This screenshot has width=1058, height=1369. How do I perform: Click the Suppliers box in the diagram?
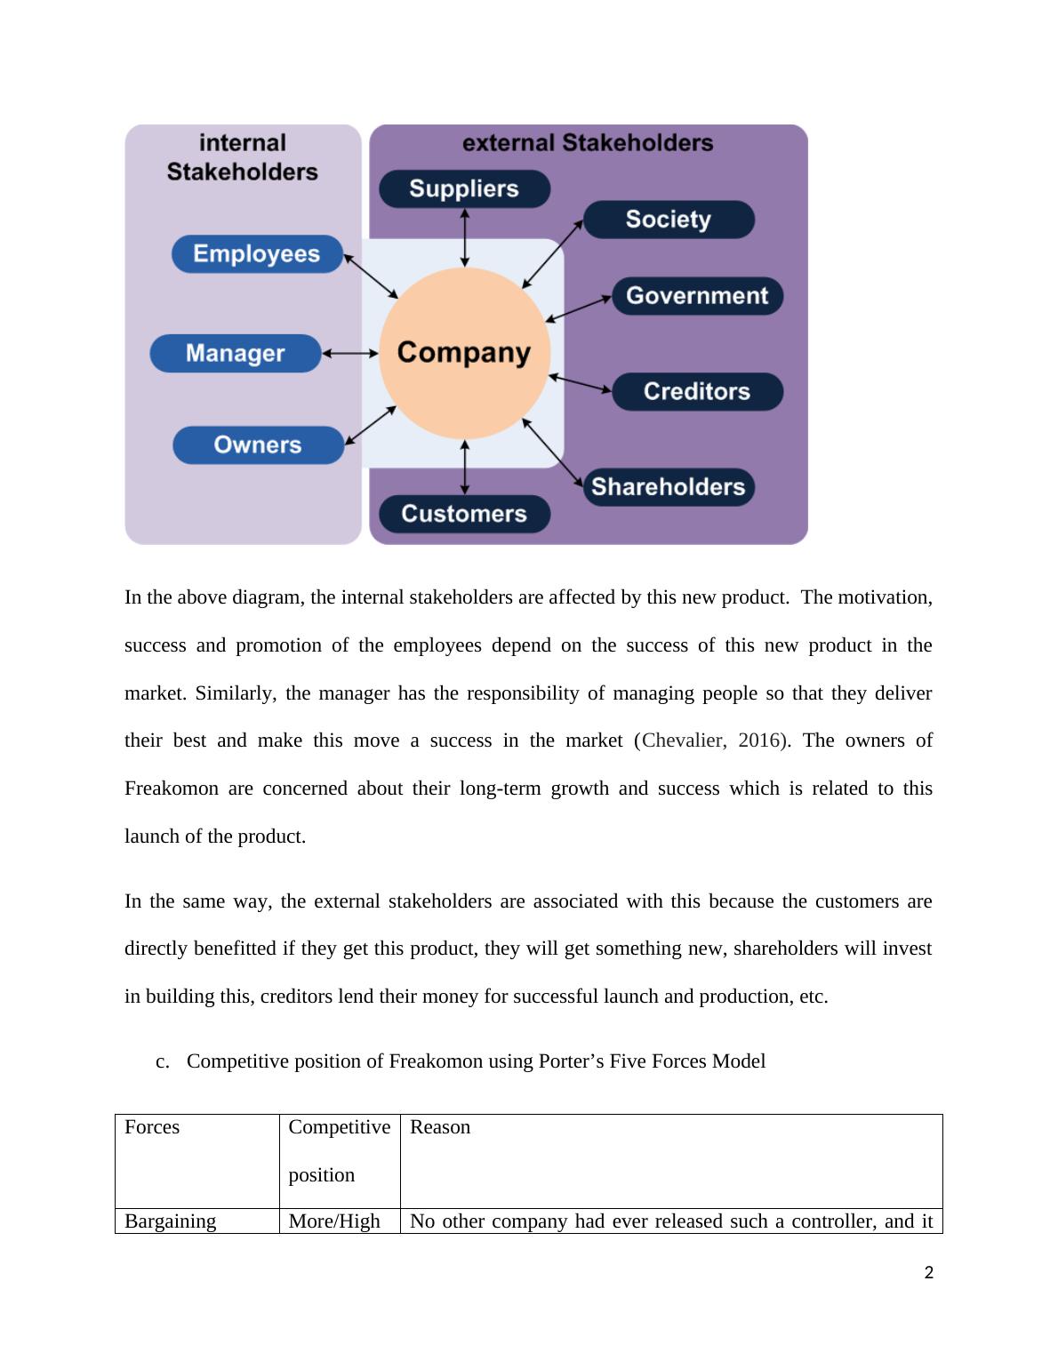click(464, 188)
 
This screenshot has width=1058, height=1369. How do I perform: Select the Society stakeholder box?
click(669, 220)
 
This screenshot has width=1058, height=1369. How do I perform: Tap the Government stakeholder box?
click(697, 296)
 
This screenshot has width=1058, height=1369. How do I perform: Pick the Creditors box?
click(697, 391)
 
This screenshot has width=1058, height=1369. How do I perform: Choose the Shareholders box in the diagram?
click(669, 487)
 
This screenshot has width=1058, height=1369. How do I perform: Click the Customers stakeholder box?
click(464, 514)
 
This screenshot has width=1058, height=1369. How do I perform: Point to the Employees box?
click(257, 254)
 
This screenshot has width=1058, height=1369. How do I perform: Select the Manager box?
click(235, 353)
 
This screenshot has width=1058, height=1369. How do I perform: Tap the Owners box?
click(258, 445)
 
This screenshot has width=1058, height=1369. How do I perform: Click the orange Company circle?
click(464, 353)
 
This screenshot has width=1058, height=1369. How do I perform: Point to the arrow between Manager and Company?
click(349, 353)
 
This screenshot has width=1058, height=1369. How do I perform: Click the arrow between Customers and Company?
click(464, 467)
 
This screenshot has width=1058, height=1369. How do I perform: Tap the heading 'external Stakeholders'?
click(588, 143)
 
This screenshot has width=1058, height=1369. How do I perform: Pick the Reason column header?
click(440, 1127)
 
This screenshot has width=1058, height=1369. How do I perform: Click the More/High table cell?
click(334, 1221)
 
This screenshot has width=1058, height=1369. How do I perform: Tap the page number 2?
click(929, 1273)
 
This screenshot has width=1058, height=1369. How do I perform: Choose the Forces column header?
click(152, 1127)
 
